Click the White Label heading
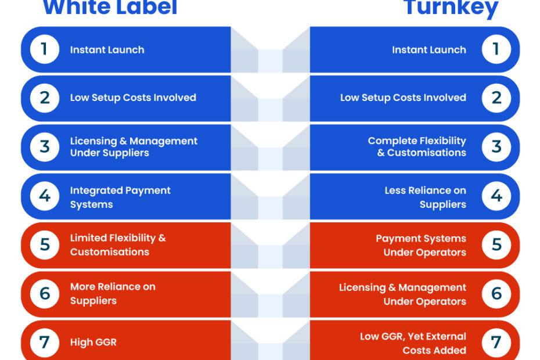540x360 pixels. point(110,7)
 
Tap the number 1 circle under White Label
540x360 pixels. point(45,49)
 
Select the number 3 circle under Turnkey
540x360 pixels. point(496,147)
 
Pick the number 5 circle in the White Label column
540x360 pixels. point(45,245)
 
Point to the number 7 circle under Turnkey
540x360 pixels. point(496,343)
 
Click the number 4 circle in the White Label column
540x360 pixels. point(45,196)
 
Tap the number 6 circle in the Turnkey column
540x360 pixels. point(496,294)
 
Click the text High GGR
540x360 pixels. point(93,343)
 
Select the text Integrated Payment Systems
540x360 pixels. point(120,197)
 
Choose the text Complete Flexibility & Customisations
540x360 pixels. point(417,147)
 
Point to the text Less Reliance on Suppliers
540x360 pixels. point(425,197)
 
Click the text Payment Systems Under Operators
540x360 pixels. point(421,245)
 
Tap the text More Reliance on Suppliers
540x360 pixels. point(113,293)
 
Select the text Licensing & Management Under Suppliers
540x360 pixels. point(134,147)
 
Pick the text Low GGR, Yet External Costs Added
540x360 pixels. point(413,344)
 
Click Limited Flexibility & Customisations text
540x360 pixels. point(118,245)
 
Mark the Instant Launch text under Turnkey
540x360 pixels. point(429,49)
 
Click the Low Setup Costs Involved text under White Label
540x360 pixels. point(133,98)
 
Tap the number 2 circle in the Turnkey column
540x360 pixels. point(496,98)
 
